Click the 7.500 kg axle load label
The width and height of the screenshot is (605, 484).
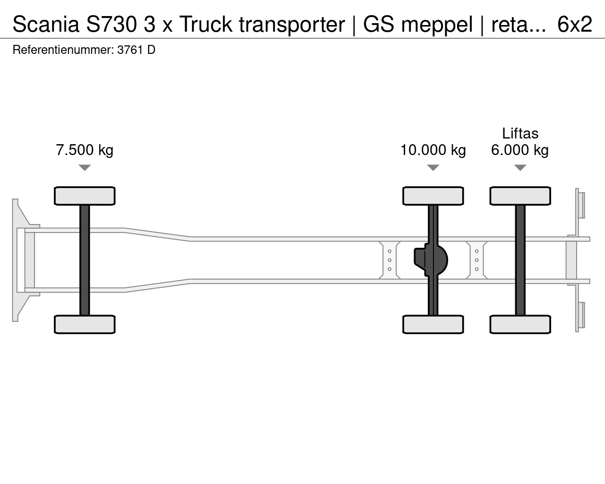pyautogui.click(x=85, y=150)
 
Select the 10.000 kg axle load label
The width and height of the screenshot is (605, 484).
pyautogui.click(x=433, y=150)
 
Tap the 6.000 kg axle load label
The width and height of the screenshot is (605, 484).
pyautogui.click(x=520, y=150)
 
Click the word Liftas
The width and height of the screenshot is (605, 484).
pyautogui.click(x=520, y=133)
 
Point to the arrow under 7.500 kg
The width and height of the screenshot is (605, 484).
pyautogui.click(x=85, y=168)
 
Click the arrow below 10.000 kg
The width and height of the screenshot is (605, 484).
pyautogui.click(x=433, y=168)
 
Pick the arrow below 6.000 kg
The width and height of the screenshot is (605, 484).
pyautogui.click(x=520, y=168)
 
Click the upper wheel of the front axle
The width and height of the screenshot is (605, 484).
pyautogui.click(x=85, y=196)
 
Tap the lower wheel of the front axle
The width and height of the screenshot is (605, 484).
pyautogui.click(x=85, y=324)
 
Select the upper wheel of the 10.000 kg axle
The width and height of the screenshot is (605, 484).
pyautogui.click(x=433, y=196)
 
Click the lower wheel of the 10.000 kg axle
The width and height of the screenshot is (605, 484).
pyautogui.click(x=433, y=324)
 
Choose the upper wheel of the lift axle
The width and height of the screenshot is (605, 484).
pyautogui.click(x=520, y=196)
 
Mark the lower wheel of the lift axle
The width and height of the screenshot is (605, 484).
pyautogui.click(x=520, y=324)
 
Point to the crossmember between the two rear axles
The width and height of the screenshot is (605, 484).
pyautogui.click(x=476, y=260)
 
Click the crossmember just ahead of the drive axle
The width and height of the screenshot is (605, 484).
pyautogui.click(x=389, y=260)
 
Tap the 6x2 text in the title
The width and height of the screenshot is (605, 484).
pyautogui.click(x=575, y=24)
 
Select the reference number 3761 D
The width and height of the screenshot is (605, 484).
pyautogui.click(x=136, y=50)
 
